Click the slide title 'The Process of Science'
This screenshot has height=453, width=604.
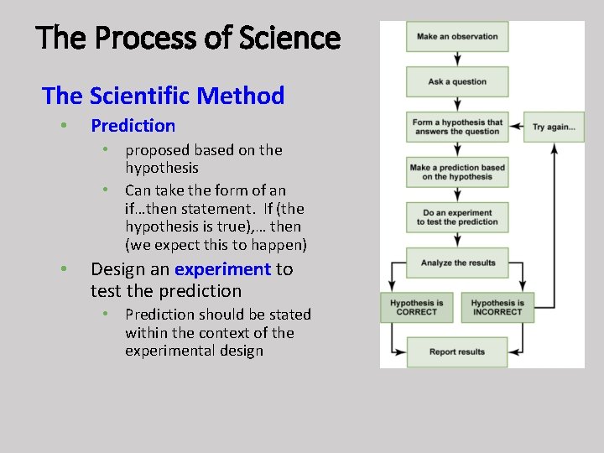click(189, 39)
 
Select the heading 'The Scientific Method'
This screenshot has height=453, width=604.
click(164, 96)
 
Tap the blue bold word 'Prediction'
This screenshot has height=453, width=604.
click(133, 126)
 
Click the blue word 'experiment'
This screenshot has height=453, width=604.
click(222, 269)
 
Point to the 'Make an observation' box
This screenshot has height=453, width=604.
click(457, 36)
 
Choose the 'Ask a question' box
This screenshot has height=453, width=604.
click(457, 82)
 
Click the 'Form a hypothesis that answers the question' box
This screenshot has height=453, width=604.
click(457, 127)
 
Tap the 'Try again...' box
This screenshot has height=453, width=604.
click(554, 127)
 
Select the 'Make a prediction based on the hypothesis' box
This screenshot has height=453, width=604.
click(457, 172)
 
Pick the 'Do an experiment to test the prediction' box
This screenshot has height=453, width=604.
click(457, 217)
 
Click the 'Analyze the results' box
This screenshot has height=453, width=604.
click(457, 263)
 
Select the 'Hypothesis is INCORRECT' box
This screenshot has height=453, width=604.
click(497, 307)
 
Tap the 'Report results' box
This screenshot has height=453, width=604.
click(457, 351)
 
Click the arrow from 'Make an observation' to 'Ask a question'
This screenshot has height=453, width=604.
click(457, 59)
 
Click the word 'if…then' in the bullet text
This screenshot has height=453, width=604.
click(152, 208)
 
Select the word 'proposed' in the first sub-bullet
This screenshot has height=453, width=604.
click(157, 150)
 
